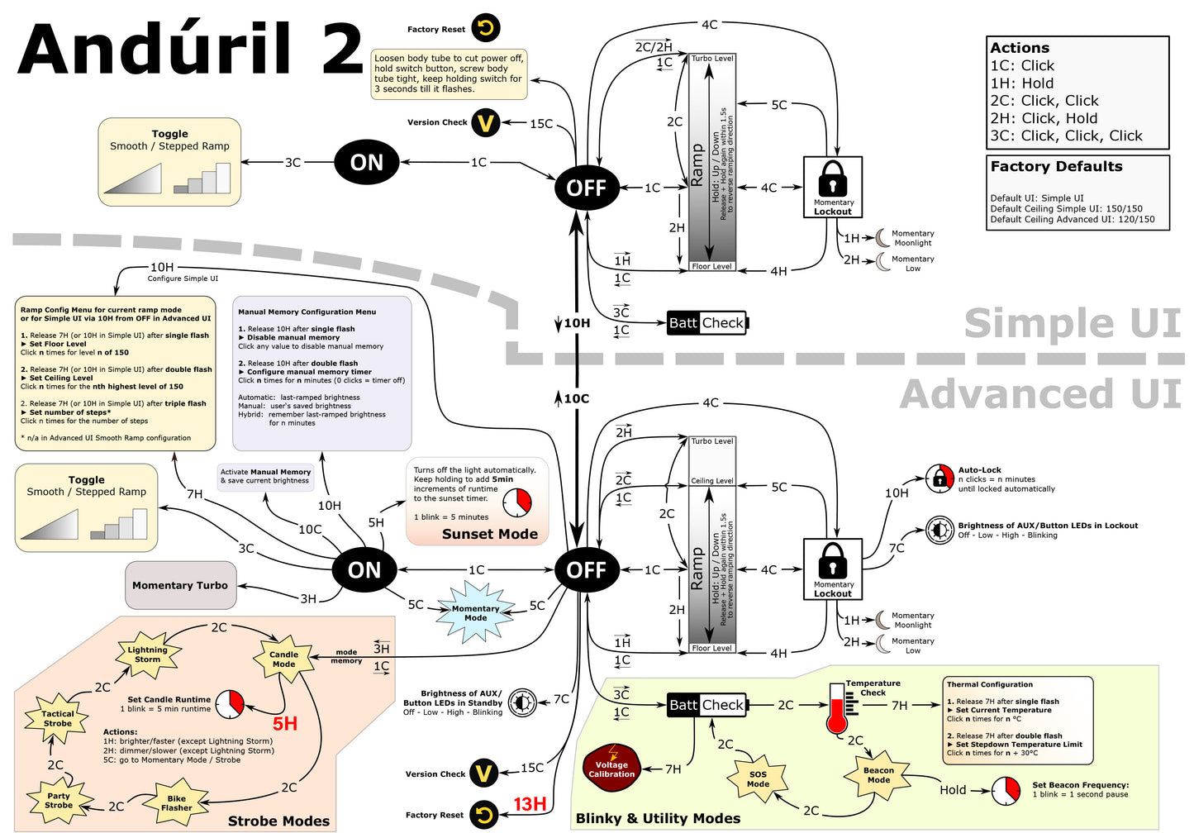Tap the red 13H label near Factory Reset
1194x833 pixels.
pos(530,804)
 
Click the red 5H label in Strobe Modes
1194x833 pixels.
pos(284,724)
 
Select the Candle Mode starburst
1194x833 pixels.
pos(283,659)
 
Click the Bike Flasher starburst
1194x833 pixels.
pos(176,803)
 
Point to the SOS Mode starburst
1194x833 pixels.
pos(758,779)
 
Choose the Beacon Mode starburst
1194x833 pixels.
pos(878,775)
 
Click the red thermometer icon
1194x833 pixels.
pos(836,709)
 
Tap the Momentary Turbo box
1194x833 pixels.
pos(180,585)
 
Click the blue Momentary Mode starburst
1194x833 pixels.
pos(476,612)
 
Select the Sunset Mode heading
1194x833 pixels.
pos(489,534)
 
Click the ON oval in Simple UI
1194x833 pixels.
pos(366,163)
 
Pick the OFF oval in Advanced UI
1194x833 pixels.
pos(586,570)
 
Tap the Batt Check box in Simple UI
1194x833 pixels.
pos(706,323)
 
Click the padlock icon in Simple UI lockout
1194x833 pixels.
pos(832,178)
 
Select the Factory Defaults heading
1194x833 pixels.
pos(1056,166)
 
